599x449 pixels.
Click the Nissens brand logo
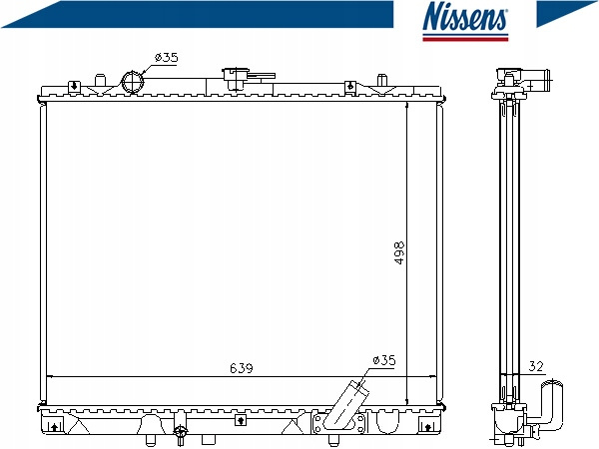tap(465, 21)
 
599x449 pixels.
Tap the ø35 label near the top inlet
tap(166, 58)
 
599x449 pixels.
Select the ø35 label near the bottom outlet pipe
tap(384, 360)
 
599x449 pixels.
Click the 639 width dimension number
tap(242, 368)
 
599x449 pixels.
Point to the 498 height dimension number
tap(398, 252)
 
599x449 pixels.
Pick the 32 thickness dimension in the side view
tap(535, 366)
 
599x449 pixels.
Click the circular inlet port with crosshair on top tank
tap(133, 82)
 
